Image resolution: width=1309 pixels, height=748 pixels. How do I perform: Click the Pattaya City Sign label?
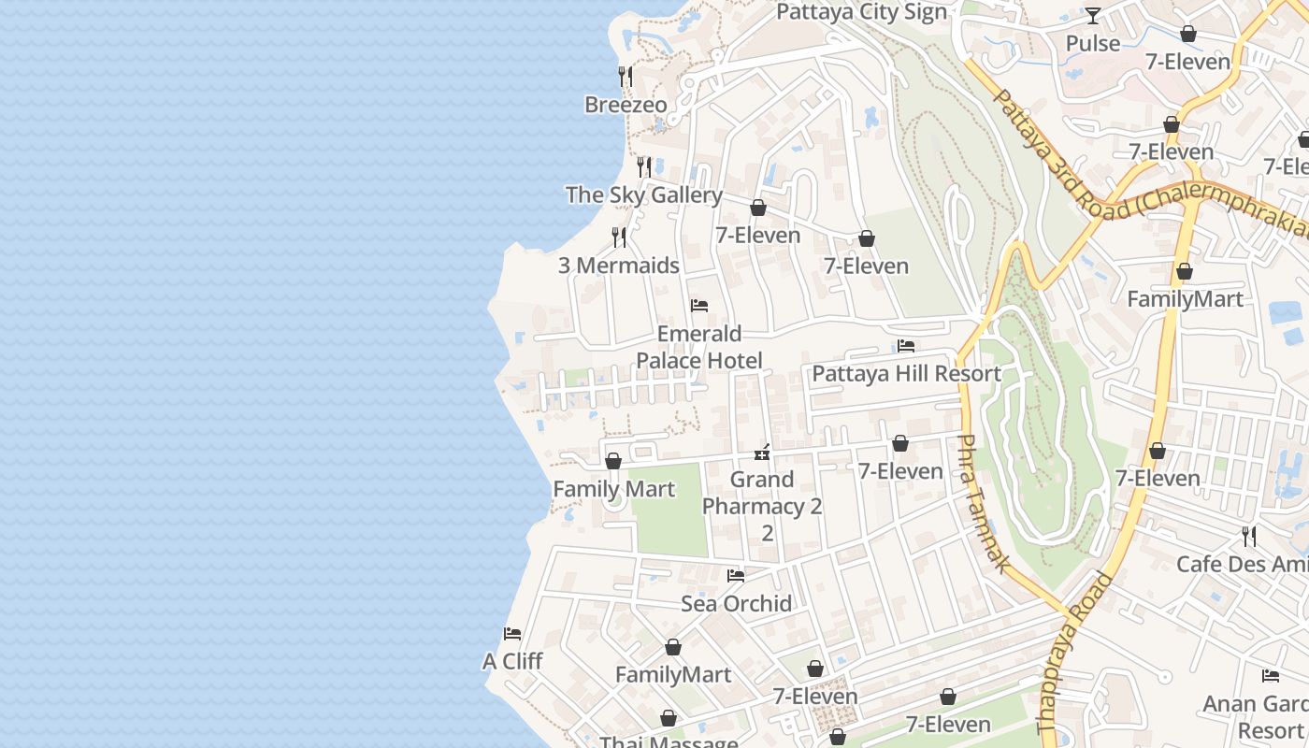[861, 12]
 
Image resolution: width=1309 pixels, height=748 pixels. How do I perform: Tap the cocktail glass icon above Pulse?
[1092, 16]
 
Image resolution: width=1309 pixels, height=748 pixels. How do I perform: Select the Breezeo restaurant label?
[626, 105]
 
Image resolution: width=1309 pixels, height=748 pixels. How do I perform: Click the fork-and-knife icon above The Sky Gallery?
[644, 167]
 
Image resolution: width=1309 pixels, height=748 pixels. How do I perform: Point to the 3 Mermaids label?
[618, 266]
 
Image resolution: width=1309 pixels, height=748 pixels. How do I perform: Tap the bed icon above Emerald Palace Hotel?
[698, 306]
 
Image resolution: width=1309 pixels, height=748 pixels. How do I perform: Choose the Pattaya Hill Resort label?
[905, 374]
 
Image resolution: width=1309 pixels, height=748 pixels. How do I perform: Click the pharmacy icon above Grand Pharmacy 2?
[762, 453]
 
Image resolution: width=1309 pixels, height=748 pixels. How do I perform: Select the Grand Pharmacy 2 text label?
[762, 506]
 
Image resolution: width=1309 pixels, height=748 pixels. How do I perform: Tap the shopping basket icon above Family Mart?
[613, 461]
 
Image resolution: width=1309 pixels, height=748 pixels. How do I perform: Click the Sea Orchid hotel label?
[736, 604]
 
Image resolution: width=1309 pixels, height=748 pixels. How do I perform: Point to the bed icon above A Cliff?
[511, 634]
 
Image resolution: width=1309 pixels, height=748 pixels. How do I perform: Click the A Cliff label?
[512, 661]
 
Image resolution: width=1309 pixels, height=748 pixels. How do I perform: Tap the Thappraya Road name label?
[1075, 653]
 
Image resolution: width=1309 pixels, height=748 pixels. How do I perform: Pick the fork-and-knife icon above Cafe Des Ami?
[1248, 536]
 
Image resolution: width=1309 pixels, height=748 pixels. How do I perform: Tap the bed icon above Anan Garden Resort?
[1270, 676]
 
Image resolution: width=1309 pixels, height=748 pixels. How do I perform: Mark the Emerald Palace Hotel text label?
[698, 347]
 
